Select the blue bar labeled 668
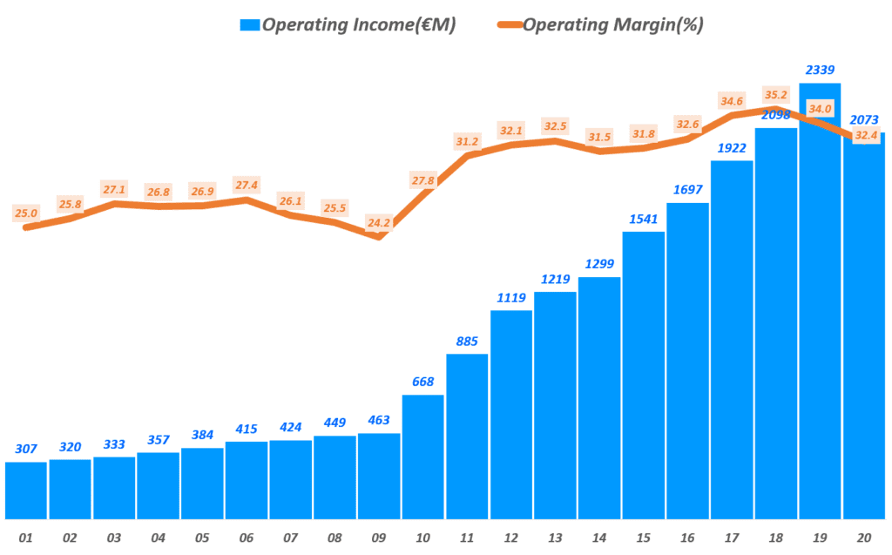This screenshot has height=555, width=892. [x=423, y=457]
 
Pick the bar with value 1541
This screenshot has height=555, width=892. [x=644, y=375]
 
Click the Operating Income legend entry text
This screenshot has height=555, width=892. [x=359, y=25]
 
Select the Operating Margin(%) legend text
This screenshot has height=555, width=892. [x=612, y=25]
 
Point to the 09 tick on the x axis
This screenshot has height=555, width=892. [x=379, y=538]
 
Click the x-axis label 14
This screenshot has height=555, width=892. [x=599, y=538]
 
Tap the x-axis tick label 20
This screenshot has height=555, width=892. [x=864, y=538]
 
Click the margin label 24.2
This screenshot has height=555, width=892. [x=379, y=222]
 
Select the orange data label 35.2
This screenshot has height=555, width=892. [x=775, y=95]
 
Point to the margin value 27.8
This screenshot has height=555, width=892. [x=422, y=180]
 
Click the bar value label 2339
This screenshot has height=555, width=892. [x=820, y=69]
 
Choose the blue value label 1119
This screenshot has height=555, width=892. [x=511, y=297]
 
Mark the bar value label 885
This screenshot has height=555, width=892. [x=467, y=341]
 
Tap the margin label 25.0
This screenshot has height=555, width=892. [x=26, y=213]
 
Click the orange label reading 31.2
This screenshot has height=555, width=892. [x=467, y=141]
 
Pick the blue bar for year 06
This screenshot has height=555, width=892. [x=247, y=480]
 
